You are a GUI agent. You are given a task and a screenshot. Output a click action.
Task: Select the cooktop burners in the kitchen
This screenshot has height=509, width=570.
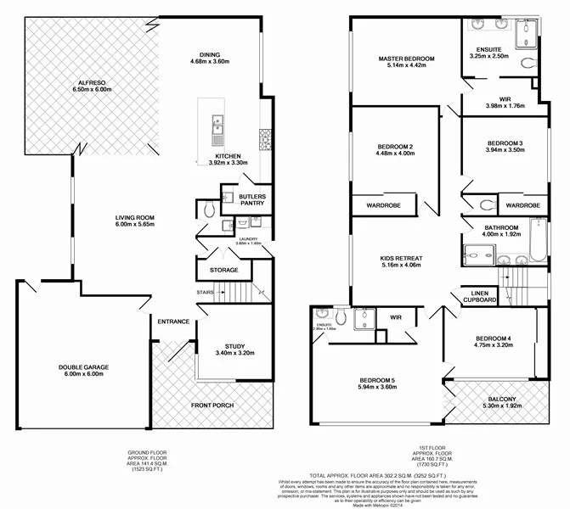(x=266, y=135)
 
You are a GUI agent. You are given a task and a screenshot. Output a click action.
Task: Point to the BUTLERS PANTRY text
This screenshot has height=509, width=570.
(x=251, y=200)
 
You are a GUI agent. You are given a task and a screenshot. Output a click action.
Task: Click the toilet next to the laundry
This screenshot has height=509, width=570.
(x=209, y=209)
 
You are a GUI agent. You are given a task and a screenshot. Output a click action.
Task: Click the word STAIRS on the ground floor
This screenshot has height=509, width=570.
(x=204, y=292)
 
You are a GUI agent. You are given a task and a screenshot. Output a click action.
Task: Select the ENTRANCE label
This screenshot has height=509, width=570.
(x=172, y=322)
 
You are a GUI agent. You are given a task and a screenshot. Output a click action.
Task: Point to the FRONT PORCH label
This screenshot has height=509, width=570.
(x=212, y=406)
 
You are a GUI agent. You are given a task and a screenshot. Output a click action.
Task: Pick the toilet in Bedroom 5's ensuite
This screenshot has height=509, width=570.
(x=337, y=317)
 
